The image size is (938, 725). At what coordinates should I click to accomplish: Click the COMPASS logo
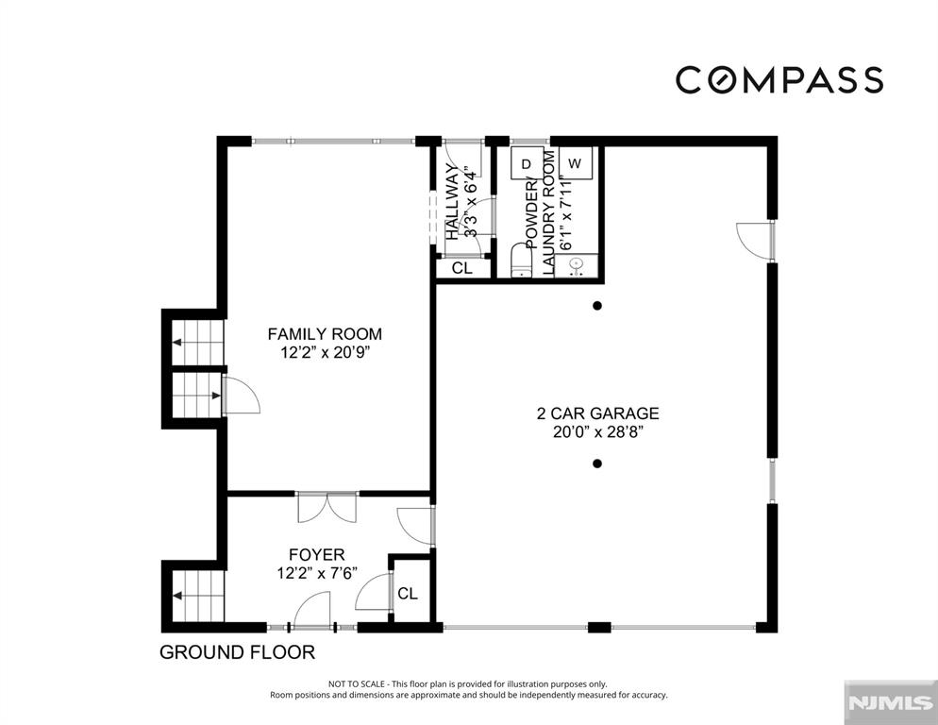[x=779, y=80]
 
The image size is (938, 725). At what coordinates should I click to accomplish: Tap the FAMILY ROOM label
[x=325, y=333]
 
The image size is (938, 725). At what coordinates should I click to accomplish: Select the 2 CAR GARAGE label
[x=597, y=413]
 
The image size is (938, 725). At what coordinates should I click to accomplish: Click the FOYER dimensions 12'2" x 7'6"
[x=317, y=573]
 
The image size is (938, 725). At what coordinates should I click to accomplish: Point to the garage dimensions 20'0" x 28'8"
[x=597, y=431]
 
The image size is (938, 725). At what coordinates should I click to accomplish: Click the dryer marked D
[x=527, y=163]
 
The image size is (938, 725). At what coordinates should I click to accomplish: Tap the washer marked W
[x=575, y=162]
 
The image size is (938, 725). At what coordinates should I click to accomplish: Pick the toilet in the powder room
[x=522, y=261]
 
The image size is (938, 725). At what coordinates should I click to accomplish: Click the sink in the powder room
[x=576, y=265]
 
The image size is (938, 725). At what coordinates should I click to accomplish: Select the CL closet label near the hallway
[x=461, y=268]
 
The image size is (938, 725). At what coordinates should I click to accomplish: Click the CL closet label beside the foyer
[x=408, y=593]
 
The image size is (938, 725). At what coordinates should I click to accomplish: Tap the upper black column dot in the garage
[x=597, y=306]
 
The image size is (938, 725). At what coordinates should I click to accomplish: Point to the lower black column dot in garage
[x=597, y=464]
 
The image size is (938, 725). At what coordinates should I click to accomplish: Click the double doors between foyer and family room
[x=327, y=507]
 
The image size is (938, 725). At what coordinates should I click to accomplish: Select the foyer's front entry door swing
[x=311, y=610]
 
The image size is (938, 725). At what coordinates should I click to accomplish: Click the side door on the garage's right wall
[x=756, y=241]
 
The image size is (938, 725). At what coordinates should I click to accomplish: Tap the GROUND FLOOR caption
[x=238, y=652]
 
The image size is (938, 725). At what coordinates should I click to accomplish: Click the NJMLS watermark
[x=890, y=703]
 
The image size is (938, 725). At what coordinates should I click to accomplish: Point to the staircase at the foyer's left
[x=198, y=597]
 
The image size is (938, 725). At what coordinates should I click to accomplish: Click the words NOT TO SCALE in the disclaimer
[x=356, y=683]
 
